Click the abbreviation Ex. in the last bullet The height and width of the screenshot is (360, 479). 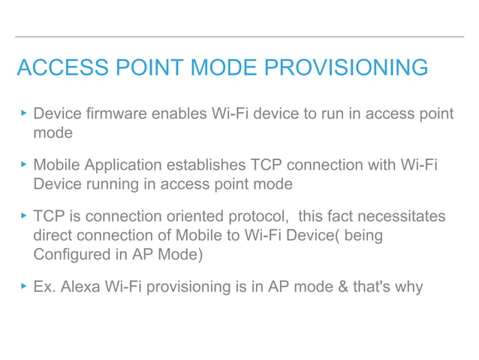44,287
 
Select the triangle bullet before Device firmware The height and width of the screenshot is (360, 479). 24,113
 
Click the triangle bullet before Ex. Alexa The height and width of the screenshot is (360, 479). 24,286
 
